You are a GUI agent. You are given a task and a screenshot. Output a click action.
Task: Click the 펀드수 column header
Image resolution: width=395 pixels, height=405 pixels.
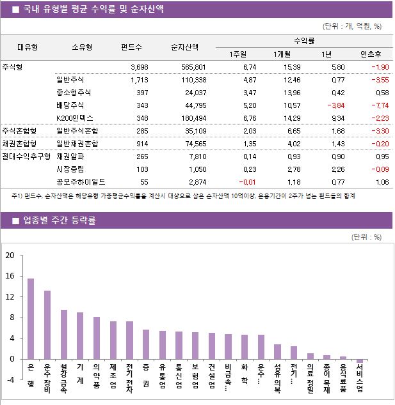click(x=131, y=47)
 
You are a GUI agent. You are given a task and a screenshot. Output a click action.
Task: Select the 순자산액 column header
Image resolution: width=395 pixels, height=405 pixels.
click(x=184, y=47)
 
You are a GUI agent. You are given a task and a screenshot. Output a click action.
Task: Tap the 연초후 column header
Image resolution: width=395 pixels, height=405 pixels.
click(x=371, y=53)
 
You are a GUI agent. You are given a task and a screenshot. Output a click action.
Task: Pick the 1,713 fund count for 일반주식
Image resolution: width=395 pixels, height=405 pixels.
click(x=139, y=79)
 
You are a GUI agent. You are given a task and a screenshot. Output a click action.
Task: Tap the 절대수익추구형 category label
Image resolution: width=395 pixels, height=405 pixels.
click(x=25, y=156)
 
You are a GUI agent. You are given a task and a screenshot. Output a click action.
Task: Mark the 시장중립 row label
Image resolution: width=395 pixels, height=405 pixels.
click(x=69, y=169)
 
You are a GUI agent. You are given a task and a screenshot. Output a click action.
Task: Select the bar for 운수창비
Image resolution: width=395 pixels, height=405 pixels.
click(x=47, y=325)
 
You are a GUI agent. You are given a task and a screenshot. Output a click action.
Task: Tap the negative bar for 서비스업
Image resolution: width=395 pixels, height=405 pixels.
click(x=360, y=361)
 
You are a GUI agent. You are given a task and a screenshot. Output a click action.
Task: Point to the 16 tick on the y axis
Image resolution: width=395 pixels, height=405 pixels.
click(x=10, y=276)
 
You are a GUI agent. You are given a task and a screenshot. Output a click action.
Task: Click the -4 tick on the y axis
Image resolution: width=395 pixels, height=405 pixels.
click(x=10, y=379)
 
